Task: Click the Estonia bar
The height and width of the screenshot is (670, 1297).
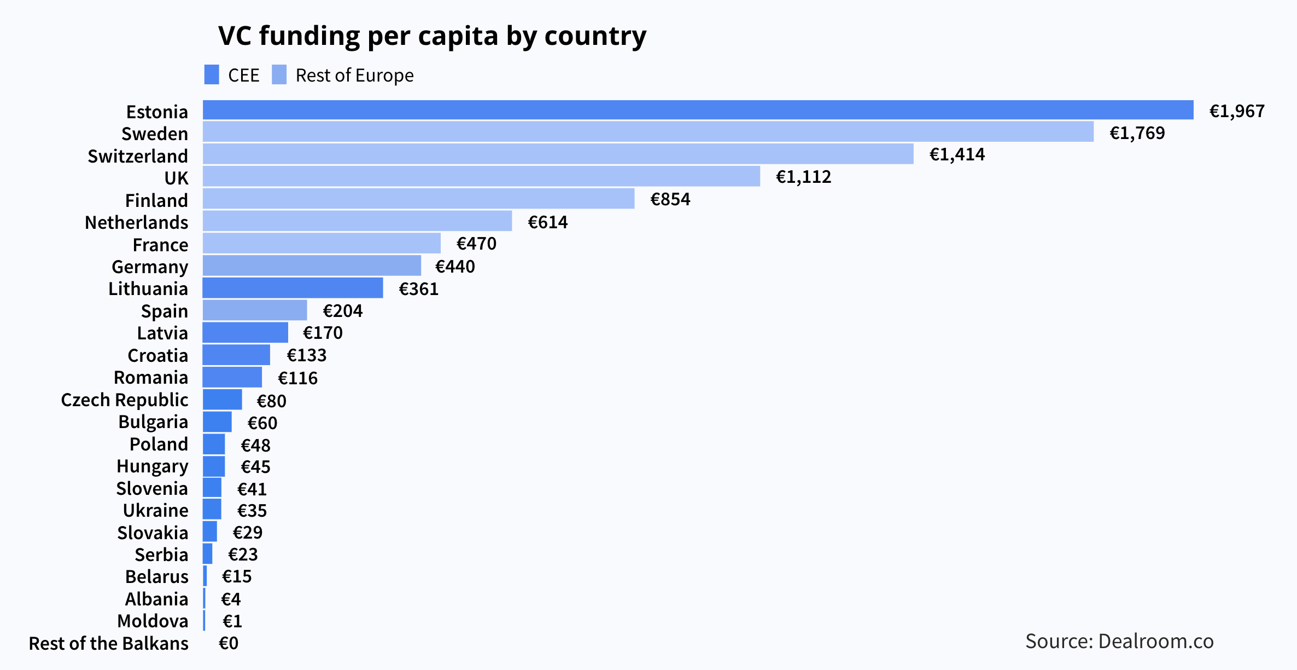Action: pos(698,110)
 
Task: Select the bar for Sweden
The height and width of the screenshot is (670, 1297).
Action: pos(648,132)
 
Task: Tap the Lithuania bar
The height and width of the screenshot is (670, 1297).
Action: pos(293,288)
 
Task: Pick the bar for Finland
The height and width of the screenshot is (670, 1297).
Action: pos(418,199)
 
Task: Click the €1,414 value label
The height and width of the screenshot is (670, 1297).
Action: pos(957,155)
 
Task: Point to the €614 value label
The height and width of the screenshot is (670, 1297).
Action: pos(547,222)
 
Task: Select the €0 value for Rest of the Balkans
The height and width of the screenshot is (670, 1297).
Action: pos(229,643)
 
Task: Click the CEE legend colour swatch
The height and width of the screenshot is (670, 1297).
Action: pos(212,75)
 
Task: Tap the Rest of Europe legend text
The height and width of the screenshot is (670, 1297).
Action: pos(354,76)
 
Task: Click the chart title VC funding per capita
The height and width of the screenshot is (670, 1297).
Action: pos(432,36)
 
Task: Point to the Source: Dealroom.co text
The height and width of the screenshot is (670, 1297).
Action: pos(1119,641)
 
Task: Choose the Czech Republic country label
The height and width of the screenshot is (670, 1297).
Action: pos(125,400)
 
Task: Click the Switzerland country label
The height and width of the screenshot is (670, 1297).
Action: pos(138,156)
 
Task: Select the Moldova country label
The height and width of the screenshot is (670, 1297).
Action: pos(153,621)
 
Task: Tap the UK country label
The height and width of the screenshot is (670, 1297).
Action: pos(176,178)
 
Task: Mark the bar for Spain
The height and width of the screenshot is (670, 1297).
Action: pos(255,310)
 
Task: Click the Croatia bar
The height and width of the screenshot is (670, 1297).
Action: pos(236,355)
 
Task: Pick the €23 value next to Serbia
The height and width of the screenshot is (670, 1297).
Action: pos(243,555)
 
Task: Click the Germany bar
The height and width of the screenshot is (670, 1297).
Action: pos(312,265)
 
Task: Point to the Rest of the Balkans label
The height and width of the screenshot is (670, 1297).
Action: pos(108,644)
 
